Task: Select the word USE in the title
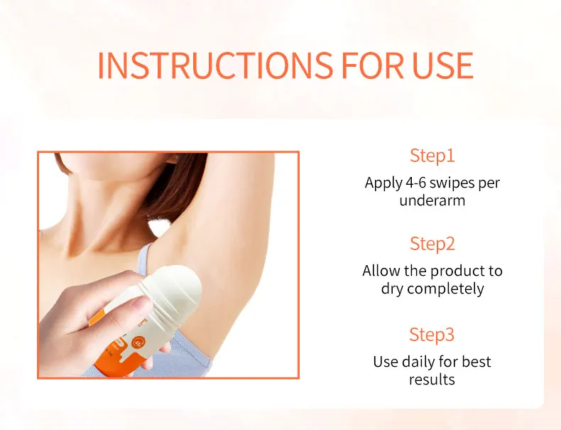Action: [443, 65]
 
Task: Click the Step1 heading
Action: [432, 156]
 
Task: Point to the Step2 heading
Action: [432, 244]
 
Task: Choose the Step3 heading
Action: [432, 334]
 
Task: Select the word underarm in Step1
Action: [432, 200]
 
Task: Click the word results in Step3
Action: [432, 380]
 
